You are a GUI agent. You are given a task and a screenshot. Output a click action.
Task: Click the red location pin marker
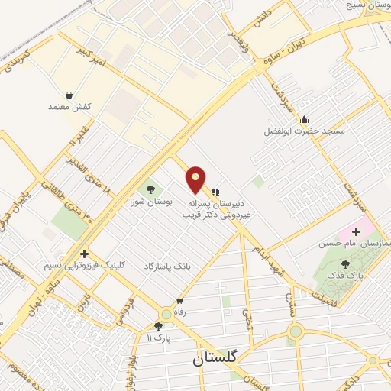[x=196, y=179]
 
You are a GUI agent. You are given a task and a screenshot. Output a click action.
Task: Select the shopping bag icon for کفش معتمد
[x=70, y=95]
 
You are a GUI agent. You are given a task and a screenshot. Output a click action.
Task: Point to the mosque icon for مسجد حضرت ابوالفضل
[x=305, y=120]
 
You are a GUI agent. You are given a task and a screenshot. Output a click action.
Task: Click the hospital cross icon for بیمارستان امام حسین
[x=356, y=231]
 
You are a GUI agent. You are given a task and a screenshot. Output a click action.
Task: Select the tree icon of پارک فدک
[x=345, y=264]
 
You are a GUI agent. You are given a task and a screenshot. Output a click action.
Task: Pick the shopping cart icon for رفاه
[x=179, y=301]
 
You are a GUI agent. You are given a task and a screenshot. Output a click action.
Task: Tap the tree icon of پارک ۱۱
[x=158, y=326]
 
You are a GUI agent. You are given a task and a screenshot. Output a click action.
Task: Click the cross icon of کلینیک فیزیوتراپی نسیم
[x=84, y=254]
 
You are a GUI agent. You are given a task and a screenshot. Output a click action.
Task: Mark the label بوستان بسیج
[x=370, y=5]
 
